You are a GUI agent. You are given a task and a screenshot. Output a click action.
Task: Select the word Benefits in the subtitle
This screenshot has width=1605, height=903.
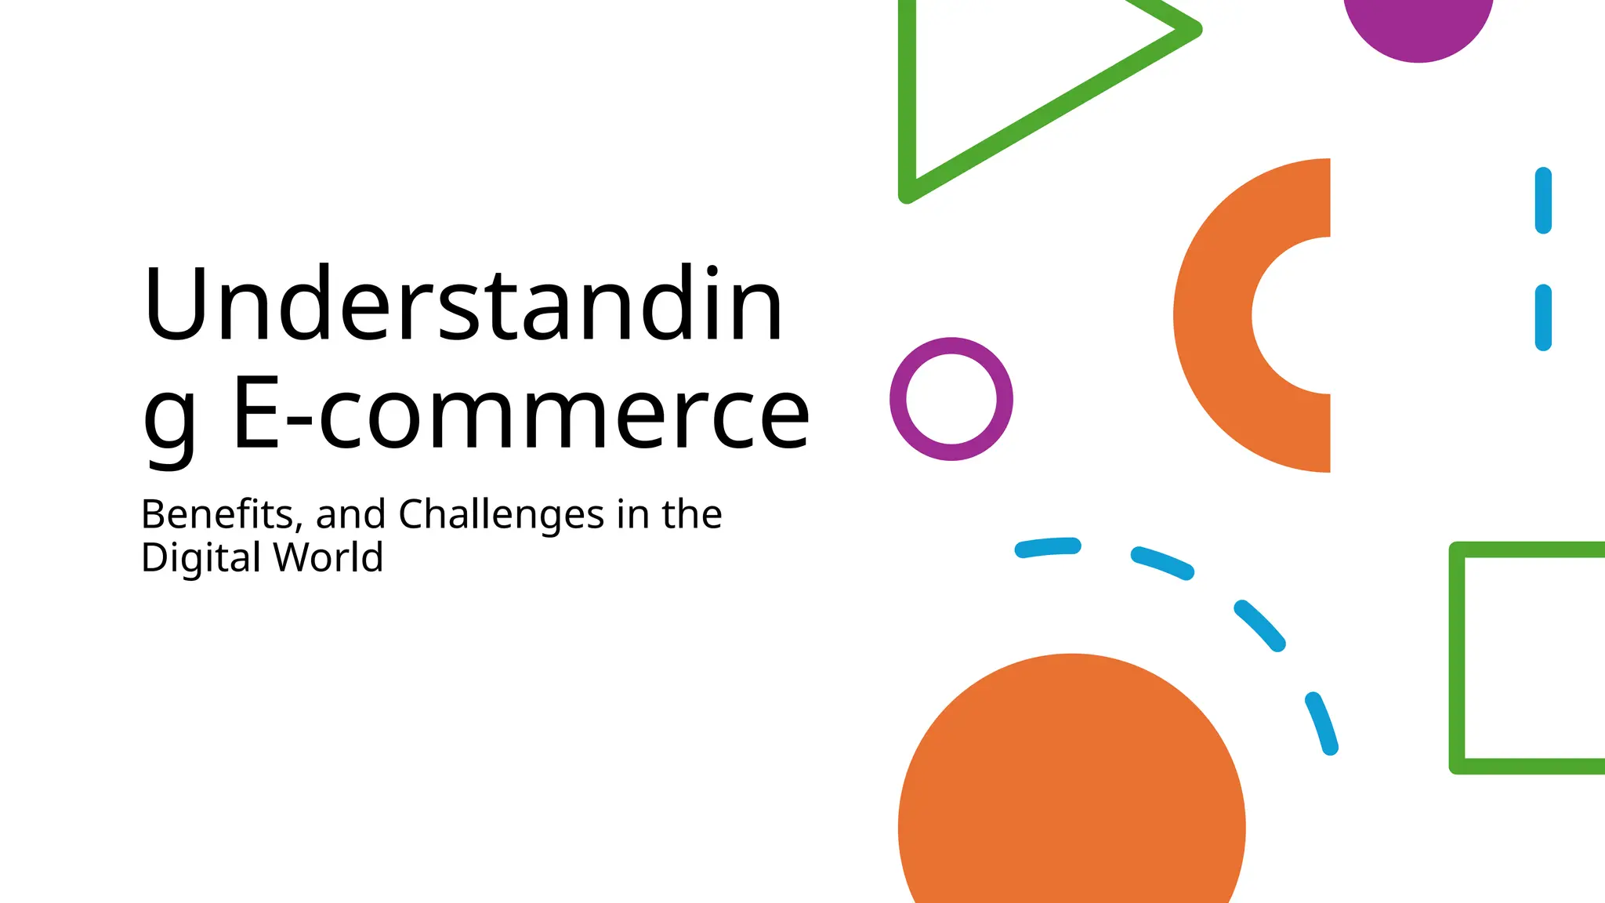(216, 515)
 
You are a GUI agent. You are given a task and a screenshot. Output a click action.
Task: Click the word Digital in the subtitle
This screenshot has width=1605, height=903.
(201, 559)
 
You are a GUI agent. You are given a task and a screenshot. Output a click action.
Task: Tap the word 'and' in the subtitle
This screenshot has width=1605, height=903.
(350, 515)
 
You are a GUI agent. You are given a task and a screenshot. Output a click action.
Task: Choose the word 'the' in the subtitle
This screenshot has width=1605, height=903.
(691, 515)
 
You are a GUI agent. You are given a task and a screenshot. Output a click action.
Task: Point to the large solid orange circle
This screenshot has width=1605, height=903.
(1071, 792)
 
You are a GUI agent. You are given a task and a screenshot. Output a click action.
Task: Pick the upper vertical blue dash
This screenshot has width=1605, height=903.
(1543, 201)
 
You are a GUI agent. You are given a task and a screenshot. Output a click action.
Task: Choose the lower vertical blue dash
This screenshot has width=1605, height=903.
(1543, 317)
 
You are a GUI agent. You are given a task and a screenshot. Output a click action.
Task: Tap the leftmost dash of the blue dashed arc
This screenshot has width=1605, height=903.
(1048, 547)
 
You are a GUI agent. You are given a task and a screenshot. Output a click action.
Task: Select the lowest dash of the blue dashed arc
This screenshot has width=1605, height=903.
(1321, 723)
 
